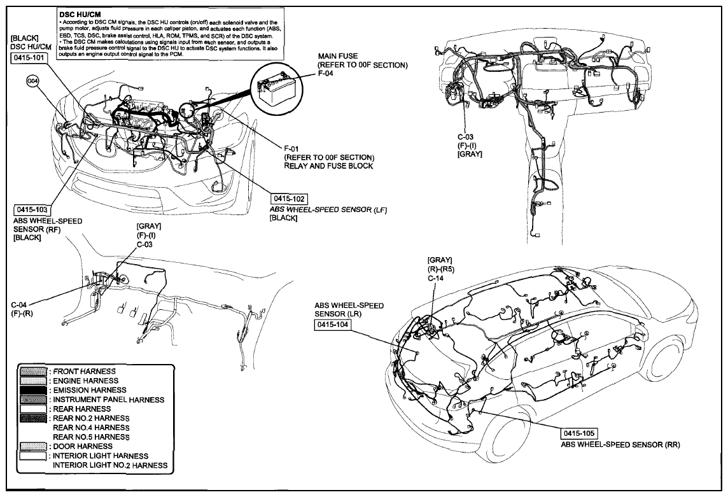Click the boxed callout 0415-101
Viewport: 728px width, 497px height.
point(29,58)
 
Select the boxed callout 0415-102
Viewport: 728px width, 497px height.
point(290,199)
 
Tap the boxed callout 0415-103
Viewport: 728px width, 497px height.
point(32,209)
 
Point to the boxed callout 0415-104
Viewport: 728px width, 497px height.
point(332,325)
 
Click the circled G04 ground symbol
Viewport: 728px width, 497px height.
point(33,81)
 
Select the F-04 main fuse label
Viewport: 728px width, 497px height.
point(325,73)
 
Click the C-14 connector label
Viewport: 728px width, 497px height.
point(435,278)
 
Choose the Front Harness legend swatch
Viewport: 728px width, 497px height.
point(33,372)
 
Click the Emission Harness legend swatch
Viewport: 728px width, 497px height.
point(33,390)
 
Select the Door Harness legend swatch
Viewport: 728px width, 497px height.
point(33,446)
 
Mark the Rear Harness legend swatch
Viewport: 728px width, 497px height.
point(33,409)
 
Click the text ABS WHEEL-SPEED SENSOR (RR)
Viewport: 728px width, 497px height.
point(620,445)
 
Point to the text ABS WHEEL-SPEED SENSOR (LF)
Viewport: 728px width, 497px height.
point(328,209)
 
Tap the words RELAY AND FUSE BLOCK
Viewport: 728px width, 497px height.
point(329,166)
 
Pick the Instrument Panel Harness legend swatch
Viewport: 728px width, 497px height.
point(33,400)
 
